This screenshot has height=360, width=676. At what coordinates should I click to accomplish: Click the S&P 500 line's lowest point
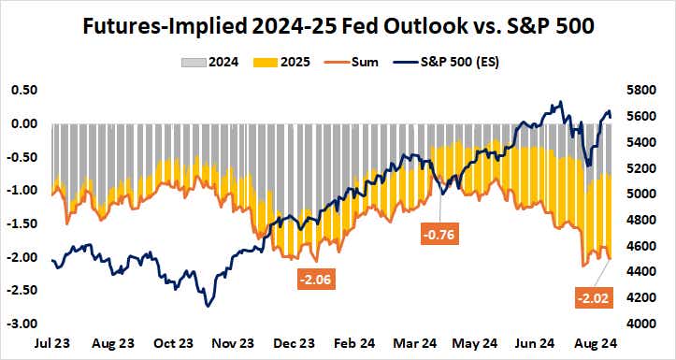click(208, 305)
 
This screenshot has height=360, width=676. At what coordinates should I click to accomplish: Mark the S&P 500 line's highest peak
click(559, 102)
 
